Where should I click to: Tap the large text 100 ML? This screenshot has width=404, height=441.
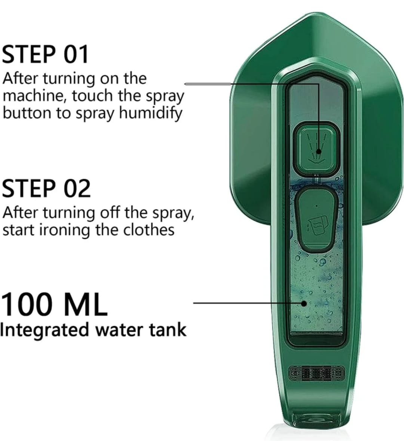pos(54,304)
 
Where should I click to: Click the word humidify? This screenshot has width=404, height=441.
pos(151,113)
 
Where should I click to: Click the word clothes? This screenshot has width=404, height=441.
pos(149,229)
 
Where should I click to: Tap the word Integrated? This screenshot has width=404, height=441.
pos(44,330)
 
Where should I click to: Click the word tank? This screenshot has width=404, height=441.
pos(168,330)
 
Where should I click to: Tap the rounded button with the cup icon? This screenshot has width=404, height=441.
pos(316,219)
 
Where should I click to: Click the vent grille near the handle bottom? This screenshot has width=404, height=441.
pos(316,373)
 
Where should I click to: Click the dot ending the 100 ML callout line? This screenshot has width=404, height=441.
pos(304,303)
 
